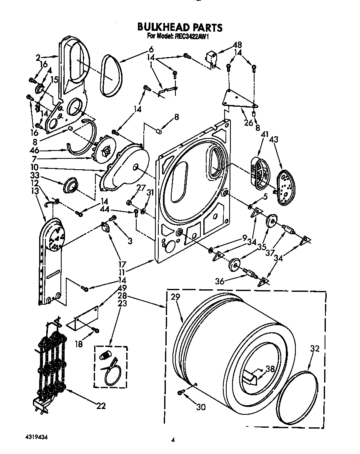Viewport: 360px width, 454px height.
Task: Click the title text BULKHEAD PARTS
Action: [180, 28]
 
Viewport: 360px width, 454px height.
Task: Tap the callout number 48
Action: [237, 45]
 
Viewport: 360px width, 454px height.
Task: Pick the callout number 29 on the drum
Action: [175, 297]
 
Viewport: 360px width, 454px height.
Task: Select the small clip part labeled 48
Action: [212, 58]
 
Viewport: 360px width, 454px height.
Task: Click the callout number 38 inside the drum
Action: [270, 369]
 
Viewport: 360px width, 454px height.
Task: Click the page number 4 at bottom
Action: [173, 439]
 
